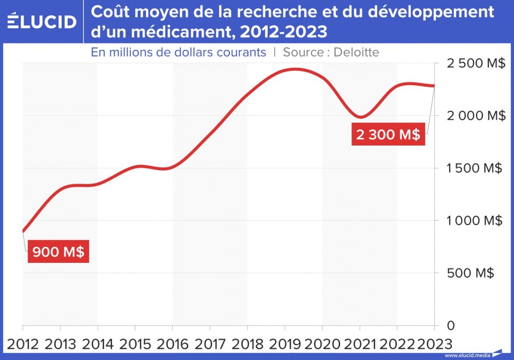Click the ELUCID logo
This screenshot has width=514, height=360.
point(42,22)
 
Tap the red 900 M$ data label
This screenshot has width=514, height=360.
point(58,253)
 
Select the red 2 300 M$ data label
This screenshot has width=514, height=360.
point(388,135)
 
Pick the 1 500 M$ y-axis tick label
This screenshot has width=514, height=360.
point(471,168)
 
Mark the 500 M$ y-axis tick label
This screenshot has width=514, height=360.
point(471,273)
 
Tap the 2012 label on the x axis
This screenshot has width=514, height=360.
point(24,343)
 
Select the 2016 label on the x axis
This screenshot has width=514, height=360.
point(173,343)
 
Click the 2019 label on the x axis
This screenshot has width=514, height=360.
point(285,343)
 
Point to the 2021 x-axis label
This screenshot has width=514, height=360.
point(360,343)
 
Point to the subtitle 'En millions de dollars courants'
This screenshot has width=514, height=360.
point(178,52)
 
